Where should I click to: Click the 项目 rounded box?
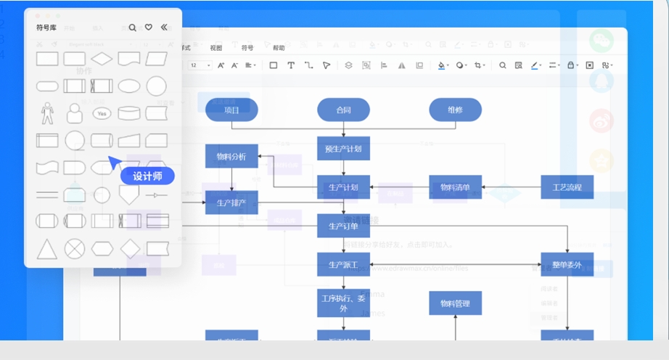coord(231,110)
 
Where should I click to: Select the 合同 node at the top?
coord(343,110)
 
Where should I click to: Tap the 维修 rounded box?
coord(455,110)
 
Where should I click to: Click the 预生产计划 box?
coord(343,149)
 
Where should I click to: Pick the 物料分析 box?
coord(231,156)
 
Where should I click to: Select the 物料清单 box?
coord(455,187)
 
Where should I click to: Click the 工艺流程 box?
coord(567,187)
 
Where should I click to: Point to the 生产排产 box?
coord(231,202)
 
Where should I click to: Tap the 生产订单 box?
coord(343,226)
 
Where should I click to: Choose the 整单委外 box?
coord(567,264)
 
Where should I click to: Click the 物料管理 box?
coord(455,303)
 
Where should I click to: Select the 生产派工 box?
coord(343,264)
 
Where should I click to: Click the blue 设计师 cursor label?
coord(147,176)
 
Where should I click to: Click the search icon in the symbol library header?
coord(132,28)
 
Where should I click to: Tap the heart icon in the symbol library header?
coord(148,28)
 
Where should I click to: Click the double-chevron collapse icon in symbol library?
coord(164,28)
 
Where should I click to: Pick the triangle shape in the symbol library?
coord(47,249)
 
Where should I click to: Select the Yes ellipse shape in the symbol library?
coord(102,114)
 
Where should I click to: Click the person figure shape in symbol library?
coord(47,112)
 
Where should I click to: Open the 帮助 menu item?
coord(279,48)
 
